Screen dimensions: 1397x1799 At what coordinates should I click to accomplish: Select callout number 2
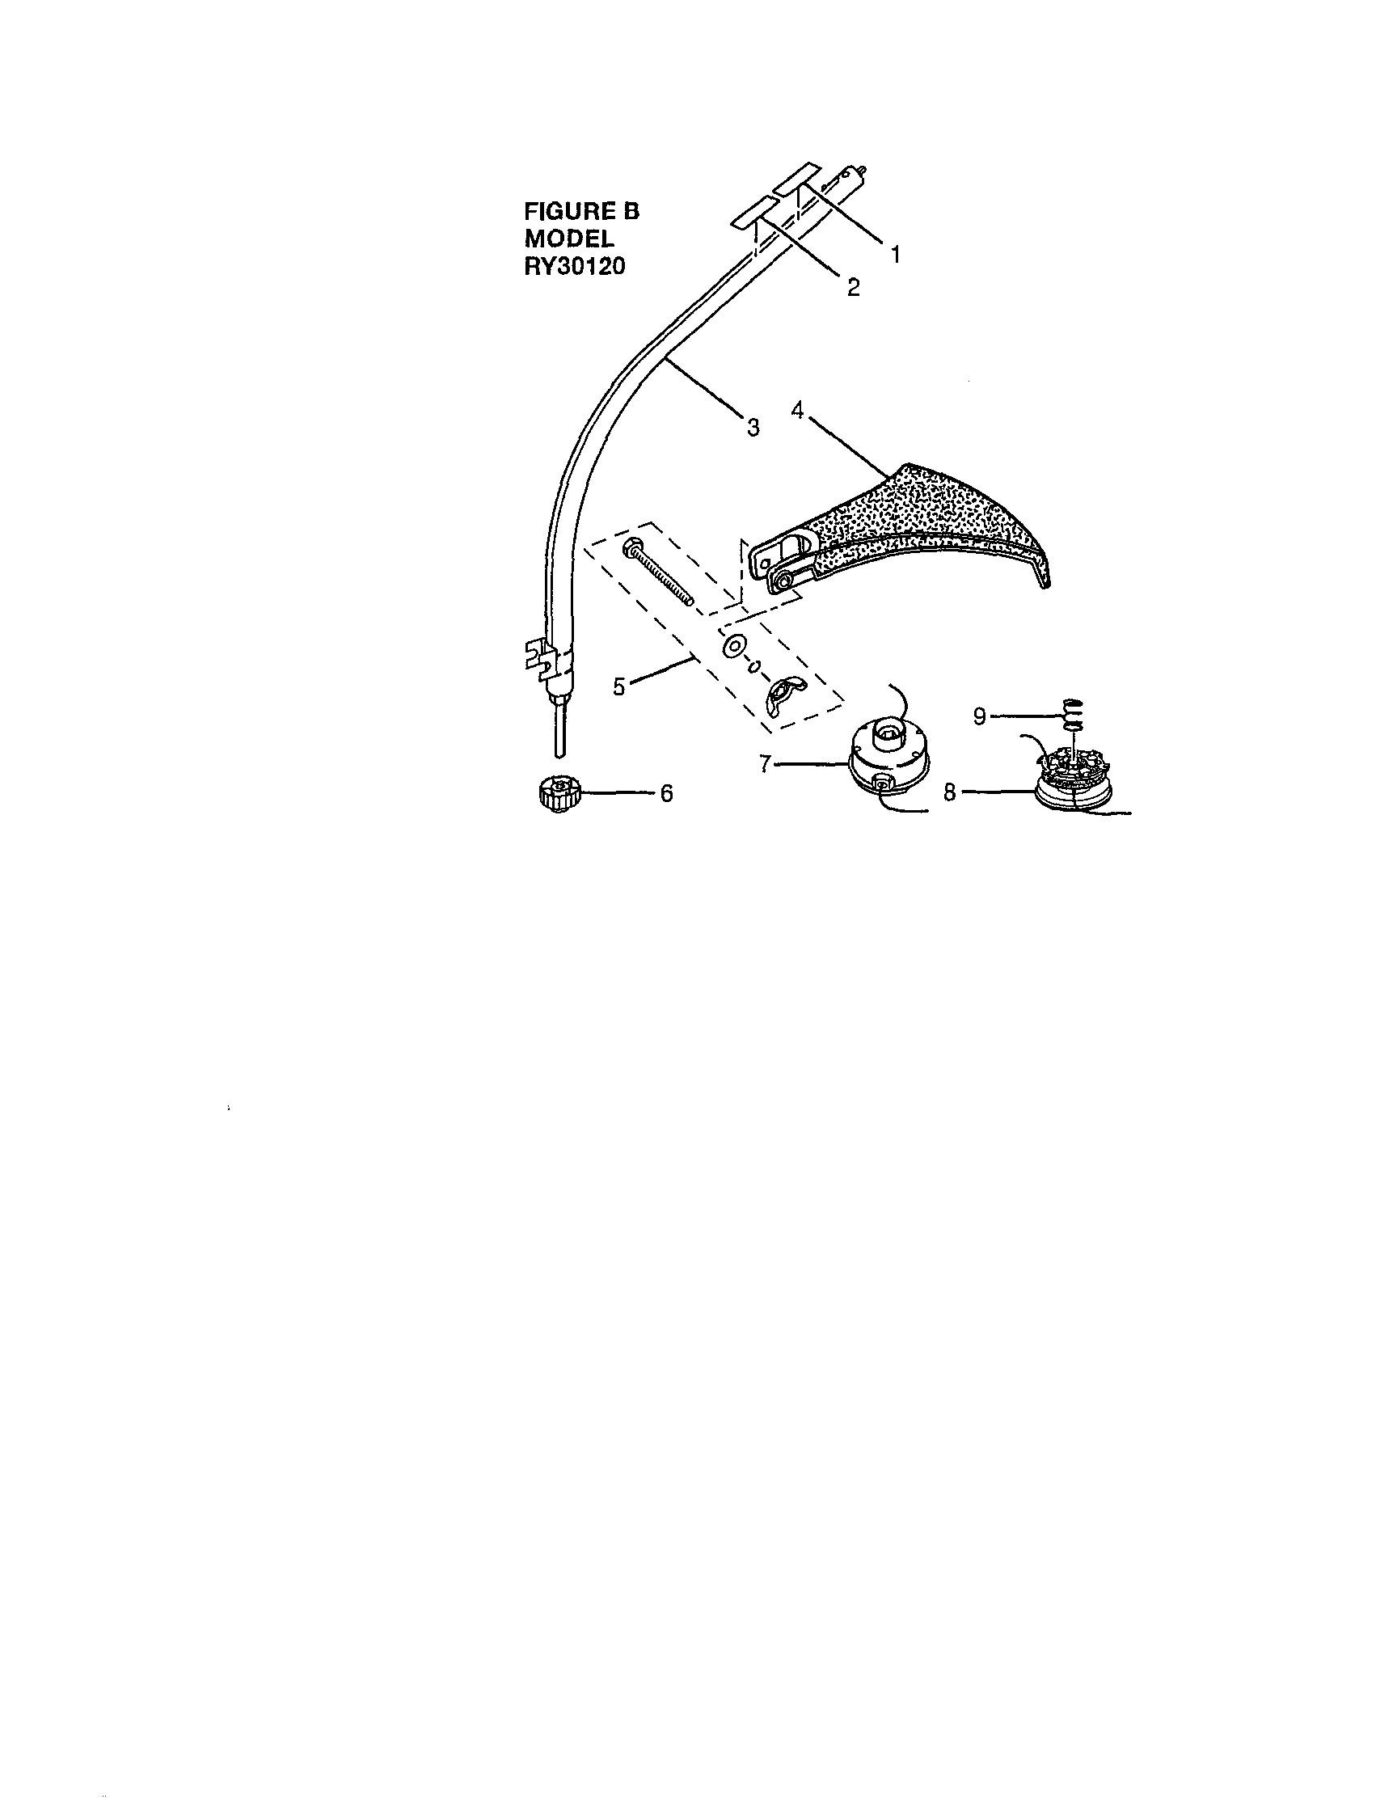[854, 288]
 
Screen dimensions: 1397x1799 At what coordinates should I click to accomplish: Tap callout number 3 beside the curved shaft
[753, 428]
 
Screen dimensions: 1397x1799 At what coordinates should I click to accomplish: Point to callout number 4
[797, 409]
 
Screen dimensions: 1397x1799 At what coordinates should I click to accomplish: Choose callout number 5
[619, 686]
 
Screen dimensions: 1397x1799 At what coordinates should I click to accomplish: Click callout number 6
[666, 793]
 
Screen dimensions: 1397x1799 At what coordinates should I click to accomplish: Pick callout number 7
[766, 764]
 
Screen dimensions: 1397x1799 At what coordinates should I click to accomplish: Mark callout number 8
[950, 792]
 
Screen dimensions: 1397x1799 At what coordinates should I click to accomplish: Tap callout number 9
[979, 716]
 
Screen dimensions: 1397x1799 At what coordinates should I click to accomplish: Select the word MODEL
[569, 239]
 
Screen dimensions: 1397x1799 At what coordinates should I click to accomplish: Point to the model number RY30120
[574, 267]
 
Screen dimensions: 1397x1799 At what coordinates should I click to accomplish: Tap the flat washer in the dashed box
[732, 646]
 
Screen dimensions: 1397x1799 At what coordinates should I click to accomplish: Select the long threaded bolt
[659, 571]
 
